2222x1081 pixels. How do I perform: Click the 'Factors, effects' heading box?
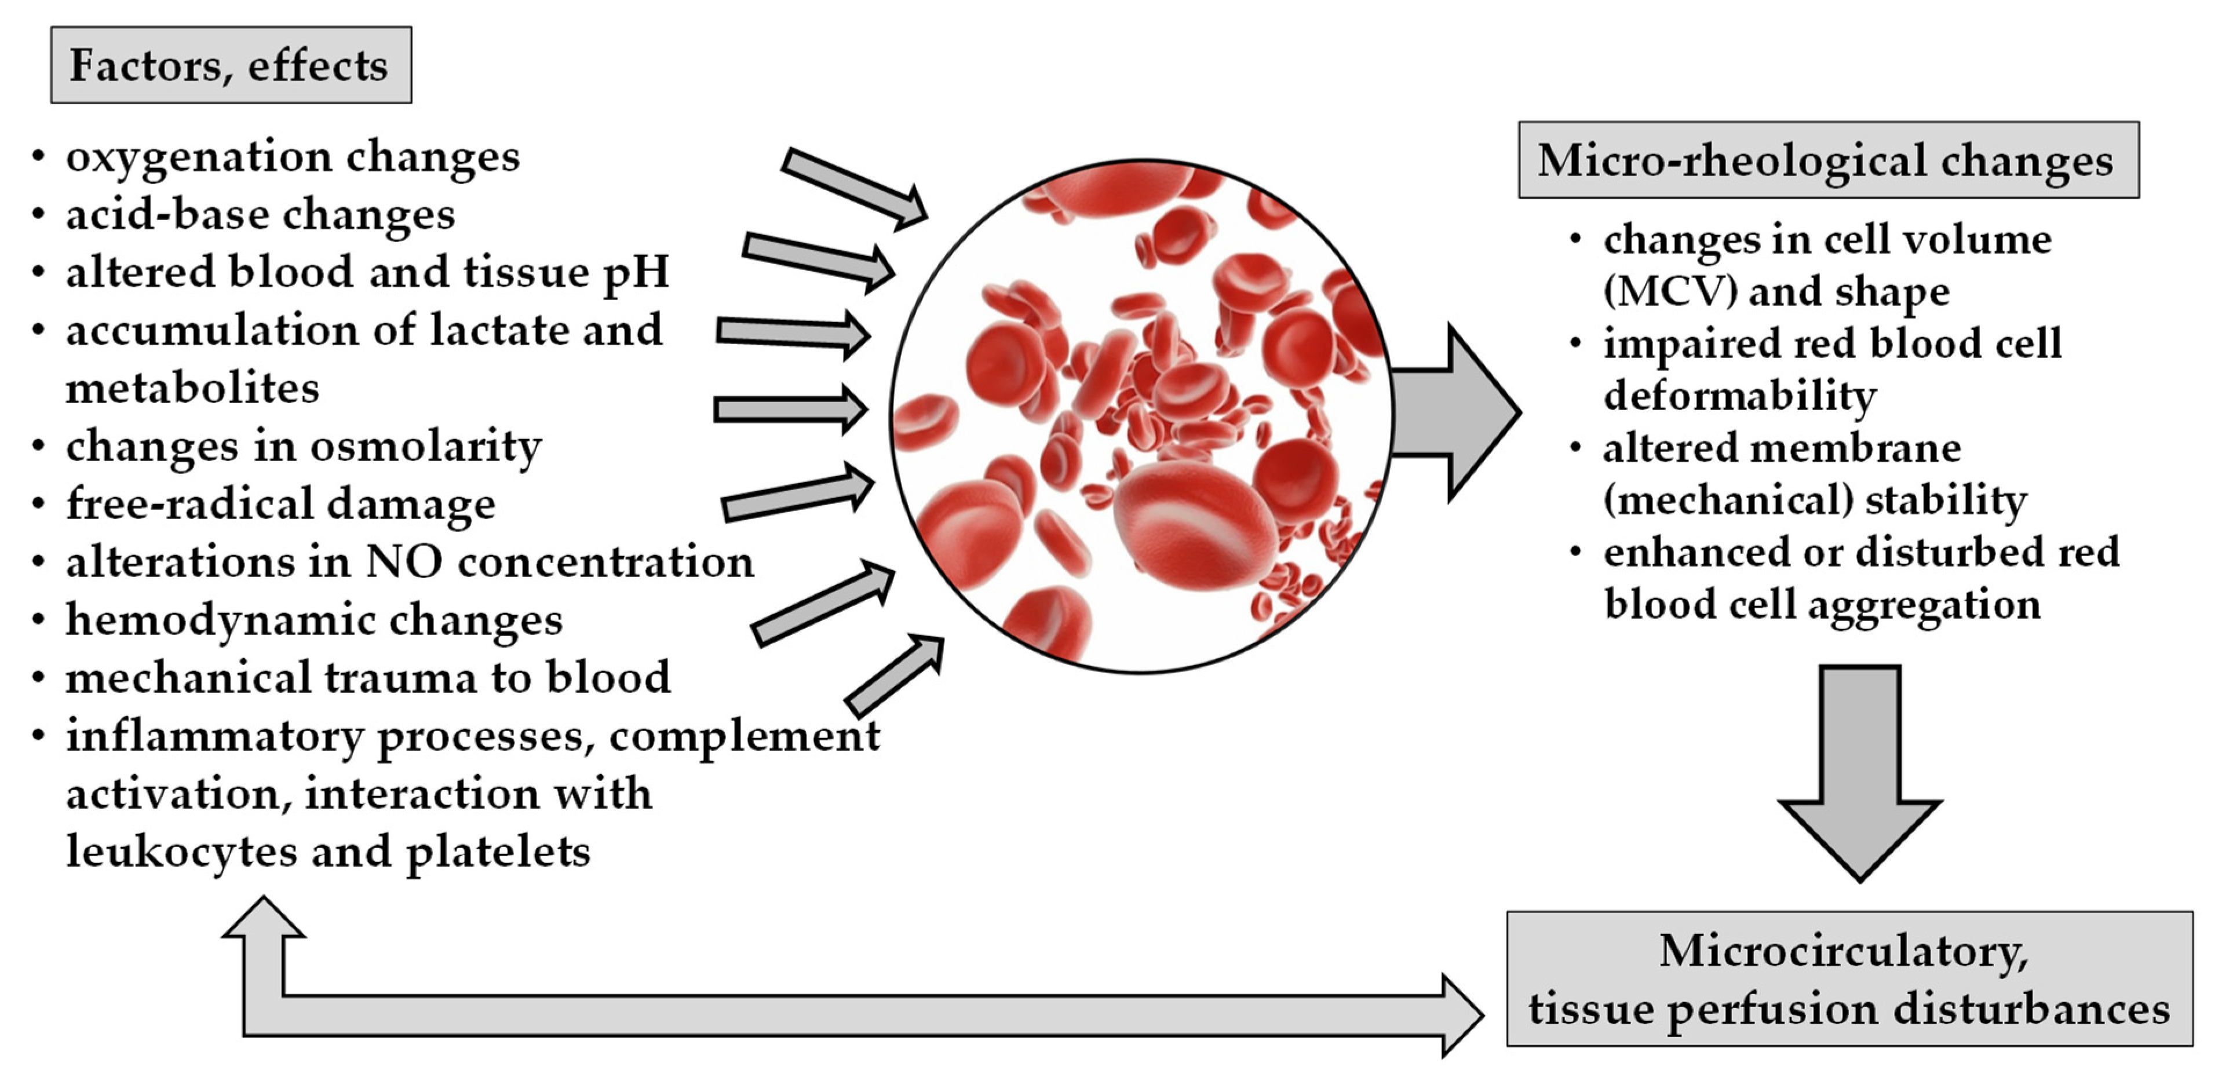[230, 65]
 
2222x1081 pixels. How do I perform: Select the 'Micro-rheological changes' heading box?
[1828, 160]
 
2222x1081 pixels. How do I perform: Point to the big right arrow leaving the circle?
[1458, 412]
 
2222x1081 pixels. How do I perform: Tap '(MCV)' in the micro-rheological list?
[1670, 291]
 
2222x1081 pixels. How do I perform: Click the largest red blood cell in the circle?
[1195, 524]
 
